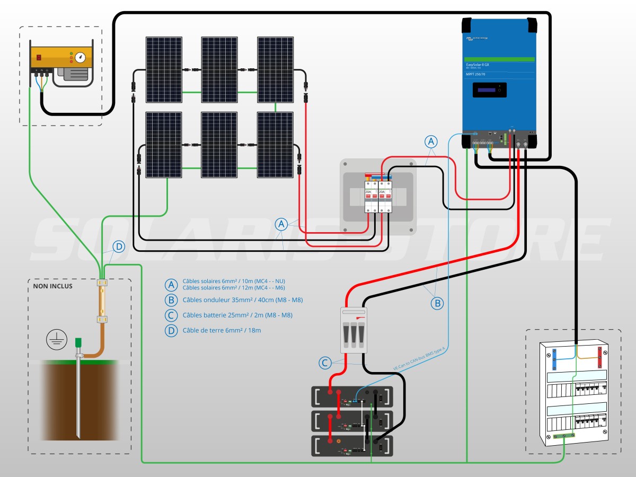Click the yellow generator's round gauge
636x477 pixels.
click(80, 57)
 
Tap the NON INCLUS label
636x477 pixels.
click(52, 286)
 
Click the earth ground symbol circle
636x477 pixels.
click(56, 339)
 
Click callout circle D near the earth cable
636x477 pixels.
click(119, 246)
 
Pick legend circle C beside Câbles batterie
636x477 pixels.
click(171, 315)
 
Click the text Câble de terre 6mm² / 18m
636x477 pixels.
click(222, 330)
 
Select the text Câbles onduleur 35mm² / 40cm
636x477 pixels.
click(243, 300)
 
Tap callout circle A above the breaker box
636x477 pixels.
click(431, 142)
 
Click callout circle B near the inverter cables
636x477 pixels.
click(437, 304)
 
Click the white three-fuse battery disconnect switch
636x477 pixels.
click(353, 330)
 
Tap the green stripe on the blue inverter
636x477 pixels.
click(499, 59)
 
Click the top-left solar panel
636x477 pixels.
click(164, 69)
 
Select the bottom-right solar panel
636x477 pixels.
click(275, 144)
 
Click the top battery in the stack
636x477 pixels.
click(352, 396)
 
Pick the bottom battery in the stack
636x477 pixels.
click(352, 446)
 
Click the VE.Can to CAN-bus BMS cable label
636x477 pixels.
click(419, 358)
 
